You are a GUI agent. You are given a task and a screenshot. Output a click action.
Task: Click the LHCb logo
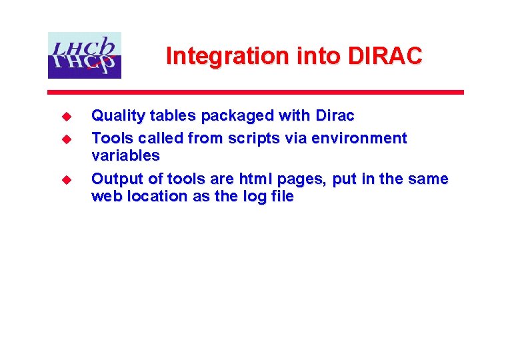85,55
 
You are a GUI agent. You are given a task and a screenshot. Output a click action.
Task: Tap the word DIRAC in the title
385,56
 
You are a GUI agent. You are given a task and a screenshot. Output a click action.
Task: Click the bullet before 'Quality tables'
66,117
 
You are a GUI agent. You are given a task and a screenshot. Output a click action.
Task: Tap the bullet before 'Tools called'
66,139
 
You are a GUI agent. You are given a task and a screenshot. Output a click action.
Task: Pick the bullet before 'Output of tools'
66,180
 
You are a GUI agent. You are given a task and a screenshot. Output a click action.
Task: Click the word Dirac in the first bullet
334,116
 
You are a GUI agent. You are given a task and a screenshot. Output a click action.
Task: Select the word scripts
251,139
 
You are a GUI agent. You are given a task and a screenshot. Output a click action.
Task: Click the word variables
125,156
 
